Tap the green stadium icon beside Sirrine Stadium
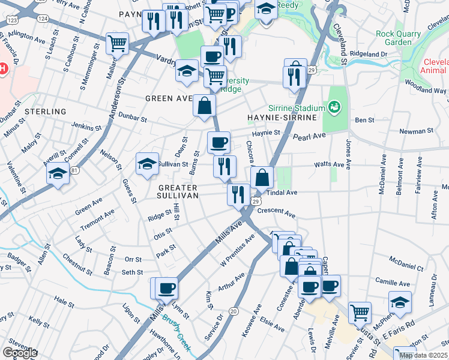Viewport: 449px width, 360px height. pyautogui.click(x=334, y=107)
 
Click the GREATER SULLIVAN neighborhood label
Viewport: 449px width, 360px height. pyautogui.click(x=186, y=191)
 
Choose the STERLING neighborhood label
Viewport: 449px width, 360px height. pyautogui.click(x=45, y=112)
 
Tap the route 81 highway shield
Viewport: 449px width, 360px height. pyautogui.click(x=74, y=170)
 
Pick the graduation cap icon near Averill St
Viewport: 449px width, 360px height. pyautogui.click(x=58, y=174)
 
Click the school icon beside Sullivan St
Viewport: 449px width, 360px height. pyautogui.click(x=147, y=163)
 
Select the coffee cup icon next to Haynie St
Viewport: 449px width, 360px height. pyautogui.click(x=218, y=142)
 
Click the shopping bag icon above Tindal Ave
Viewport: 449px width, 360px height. pyautogui.click(x=262, y=177)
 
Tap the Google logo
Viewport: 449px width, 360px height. pyautogui.click(x=20, y=353)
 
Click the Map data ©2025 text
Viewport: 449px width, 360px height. pyautogui.click(x=423, y=355)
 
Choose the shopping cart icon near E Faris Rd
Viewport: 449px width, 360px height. pyautogui.click(x=359, y=312)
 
